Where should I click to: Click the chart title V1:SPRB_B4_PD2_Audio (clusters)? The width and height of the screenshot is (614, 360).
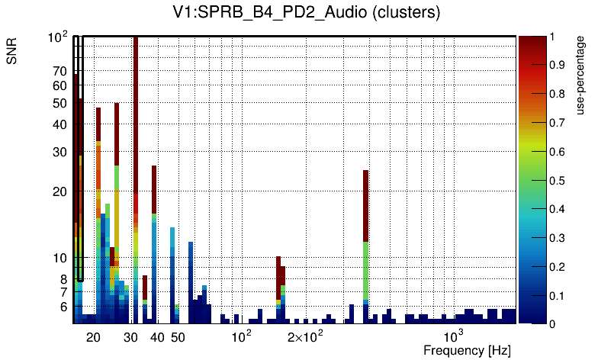307,13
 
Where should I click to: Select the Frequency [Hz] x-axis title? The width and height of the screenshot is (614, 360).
467,351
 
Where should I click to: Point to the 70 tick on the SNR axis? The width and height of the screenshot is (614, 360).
59,72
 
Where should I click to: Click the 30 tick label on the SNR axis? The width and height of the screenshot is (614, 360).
59,153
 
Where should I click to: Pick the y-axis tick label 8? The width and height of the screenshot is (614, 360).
63,279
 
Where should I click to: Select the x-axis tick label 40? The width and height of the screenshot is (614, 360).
157,338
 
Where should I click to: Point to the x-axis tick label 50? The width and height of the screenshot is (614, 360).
177,338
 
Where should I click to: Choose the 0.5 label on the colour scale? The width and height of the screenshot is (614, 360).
556,181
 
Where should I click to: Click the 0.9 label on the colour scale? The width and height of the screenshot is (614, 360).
556,66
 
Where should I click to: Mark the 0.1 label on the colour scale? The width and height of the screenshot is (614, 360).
556,295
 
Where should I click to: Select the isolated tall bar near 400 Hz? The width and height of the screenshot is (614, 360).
366,229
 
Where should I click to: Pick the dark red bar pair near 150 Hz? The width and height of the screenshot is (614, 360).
280,278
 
